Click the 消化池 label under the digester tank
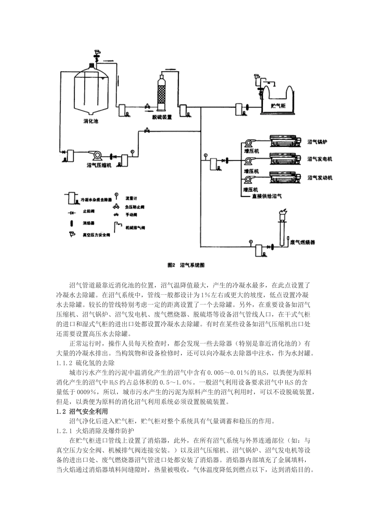click(91, 121)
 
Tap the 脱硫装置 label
click(162, 117)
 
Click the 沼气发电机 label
click(320, 159)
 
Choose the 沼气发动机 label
click(320, 178)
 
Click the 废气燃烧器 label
click(303, 243)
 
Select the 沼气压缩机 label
click(99, 165)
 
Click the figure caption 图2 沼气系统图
click(185, 265)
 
